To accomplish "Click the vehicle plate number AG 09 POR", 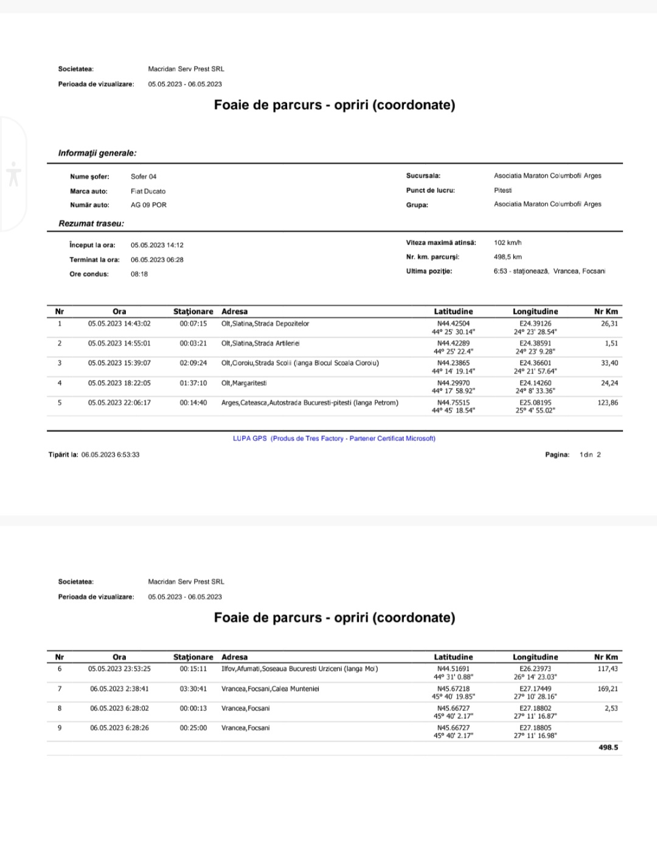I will pyautogui.click(x=148, y=205).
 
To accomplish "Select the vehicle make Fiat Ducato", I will pyautogui.click(x=148, y=191).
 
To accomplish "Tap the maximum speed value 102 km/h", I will pyautogui.click(x=507, y=243).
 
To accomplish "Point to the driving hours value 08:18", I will pyautogui.click(x=139, y=274).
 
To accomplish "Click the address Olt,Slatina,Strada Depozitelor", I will pyautogui.click(x=265, y=324).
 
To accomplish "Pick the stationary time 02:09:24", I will pyautogui.click(x=193, y=363).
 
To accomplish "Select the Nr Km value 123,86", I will pyautogui.click(x=607, y=403).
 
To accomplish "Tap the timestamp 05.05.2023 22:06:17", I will pyautogui.click(x=119, y=403).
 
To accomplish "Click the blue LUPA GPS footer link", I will pyautogui.click(x=334, y=438).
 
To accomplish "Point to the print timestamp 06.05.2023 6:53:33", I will pyautogui.click(x=110, y=455).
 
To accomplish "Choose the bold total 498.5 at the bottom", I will pyautogui.click(x=608, y=747).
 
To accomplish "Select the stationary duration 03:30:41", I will pyautogui.click(x=193, y=689).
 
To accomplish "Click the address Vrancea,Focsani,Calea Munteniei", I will pyautogui.click(x=270, y=689).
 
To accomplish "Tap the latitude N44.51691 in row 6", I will pyautogui.click(x=453, y=669).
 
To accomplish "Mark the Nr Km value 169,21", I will pyautogui.click(x=607, y=689).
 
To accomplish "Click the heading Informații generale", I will pyautogui.click(x=97, y=153).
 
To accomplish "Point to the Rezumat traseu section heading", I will pyautogui.click(x=91, y=224).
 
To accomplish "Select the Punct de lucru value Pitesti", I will pyautogui.click(x=503, y=190).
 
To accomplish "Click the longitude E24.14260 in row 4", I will pyautogui.click(x=535, y=383).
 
